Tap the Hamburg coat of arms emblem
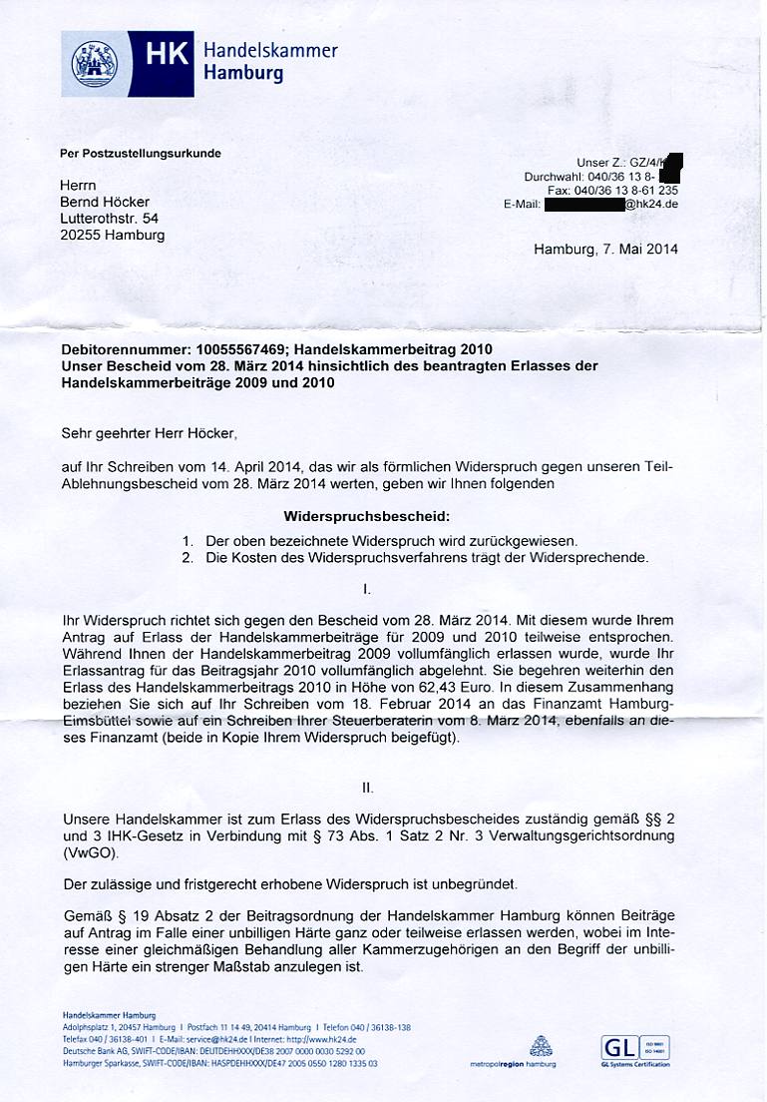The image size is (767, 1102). click(x=95, y=63)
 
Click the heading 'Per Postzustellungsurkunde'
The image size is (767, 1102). click(x=141, y=154)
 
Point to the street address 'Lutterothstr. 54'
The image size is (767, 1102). click(x=109, y=219)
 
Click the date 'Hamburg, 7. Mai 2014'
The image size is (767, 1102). click(x=605, y=249)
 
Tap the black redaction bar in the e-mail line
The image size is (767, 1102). click(x=584, y=205)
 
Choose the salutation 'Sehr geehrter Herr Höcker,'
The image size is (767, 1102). click(x=150, y=433)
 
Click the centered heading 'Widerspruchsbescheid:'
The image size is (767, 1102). click(x=366, y=517)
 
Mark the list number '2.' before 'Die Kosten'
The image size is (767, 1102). click(x=188, y=557)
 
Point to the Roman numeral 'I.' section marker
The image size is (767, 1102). click(x=367, y=589)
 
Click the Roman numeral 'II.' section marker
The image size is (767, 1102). click(x=368, y=788)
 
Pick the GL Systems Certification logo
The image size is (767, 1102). click(x=633, y=1050)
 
